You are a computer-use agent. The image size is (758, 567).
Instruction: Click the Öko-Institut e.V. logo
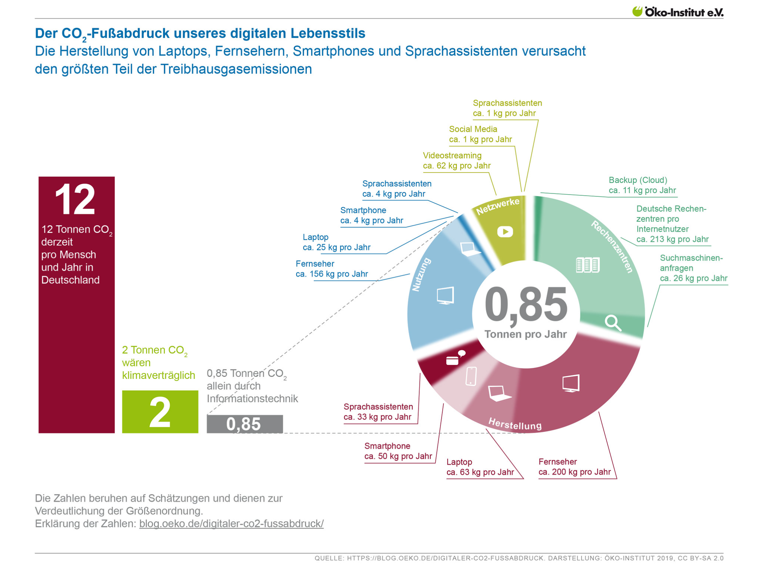point(678,12)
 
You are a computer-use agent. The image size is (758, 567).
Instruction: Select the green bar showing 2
point(160,411)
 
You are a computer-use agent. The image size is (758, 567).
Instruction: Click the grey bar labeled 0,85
point(244,424)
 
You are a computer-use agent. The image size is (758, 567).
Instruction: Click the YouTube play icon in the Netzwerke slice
point(505,232)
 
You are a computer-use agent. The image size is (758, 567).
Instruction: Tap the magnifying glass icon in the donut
point(612,322)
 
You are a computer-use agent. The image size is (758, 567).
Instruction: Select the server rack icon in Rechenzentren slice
point(587,265)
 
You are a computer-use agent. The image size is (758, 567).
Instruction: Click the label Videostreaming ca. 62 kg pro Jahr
point(456,161)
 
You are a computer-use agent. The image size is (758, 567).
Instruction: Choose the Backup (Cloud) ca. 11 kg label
point(642,185)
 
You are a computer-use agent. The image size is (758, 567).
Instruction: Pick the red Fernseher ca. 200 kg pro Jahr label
point(574,467)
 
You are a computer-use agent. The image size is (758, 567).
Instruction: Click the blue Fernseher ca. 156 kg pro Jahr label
point(331,269)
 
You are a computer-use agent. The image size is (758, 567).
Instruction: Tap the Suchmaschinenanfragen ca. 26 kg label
point(693,268)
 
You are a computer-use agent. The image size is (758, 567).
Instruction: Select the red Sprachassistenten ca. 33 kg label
point(378,412)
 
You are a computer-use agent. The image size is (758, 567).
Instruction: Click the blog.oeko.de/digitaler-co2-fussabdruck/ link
point(231,523)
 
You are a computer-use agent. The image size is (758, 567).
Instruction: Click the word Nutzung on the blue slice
point(421,275)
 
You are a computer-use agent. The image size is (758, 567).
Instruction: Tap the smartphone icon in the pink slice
point(471,376)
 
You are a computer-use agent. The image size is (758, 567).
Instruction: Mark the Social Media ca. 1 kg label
point(480,134)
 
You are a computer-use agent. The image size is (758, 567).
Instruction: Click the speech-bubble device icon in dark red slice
point(455,358)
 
